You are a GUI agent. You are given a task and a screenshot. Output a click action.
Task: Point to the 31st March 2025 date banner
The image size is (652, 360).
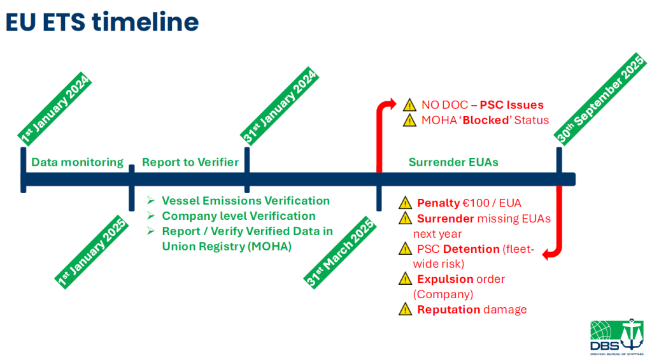(x=338, y=252)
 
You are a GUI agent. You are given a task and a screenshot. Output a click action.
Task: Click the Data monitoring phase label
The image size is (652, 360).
(x=77, y=162)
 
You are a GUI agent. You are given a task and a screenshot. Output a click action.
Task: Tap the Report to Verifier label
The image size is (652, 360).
(x=190, y=162)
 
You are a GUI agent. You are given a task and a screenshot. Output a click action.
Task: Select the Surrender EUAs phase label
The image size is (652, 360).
(x=453, y=162)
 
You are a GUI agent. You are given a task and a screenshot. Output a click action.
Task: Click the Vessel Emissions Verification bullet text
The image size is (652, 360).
(x=246, y=201)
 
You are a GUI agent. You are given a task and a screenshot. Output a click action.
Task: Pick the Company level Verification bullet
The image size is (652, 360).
(x=239, y=216)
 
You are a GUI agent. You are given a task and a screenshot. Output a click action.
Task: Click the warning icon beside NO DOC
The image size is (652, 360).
(x=411, y=104)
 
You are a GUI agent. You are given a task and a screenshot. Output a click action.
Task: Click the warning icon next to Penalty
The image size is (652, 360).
(x=405, y=204)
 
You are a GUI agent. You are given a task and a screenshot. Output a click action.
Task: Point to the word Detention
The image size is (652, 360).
(x=472, y=248)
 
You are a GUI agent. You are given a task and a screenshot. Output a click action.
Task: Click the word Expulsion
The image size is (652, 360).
(x=444, y=279)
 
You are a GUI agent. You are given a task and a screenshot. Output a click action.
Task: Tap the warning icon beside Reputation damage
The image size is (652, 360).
(x=405, y=310)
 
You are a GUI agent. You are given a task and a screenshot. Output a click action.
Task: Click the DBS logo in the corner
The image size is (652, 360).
(x=618, y=335)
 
